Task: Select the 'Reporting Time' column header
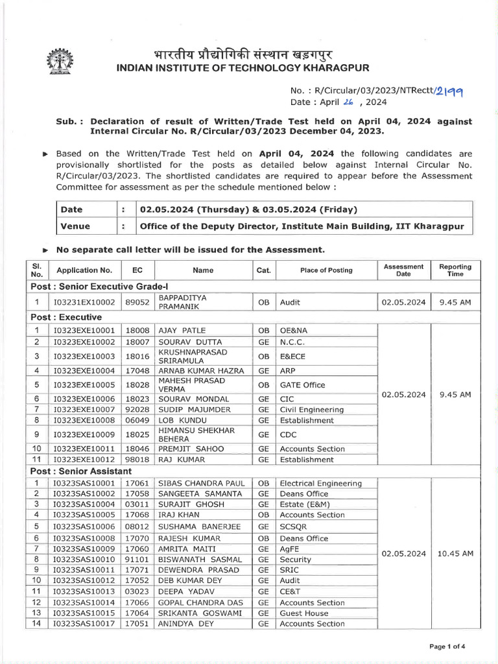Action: pyautogui.click(x=455, y=270)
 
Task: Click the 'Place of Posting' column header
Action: pyautogui.click(x=326, y=270)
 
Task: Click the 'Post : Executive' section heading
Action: pyautogui.click(x=66, y=317)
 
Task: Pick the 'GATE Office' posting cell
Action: pyautogui.click(x=303, y=385)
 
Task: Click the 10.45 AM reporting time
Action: pyautogui.click(x=455, y=553)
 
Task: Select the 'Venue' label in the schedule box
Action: pyautogui.click(x=75, y=226)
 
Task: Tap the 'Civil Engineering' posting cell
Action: pyautogui.click(x=312, y=410)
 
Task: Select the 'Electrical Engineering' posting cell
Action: pyautogui.click(x=321, y=483)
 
